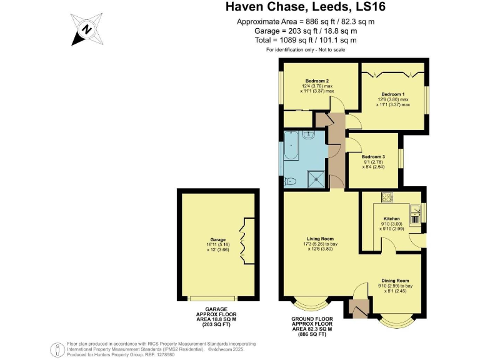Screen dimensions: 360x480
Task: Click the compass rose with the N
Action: pos(86,29)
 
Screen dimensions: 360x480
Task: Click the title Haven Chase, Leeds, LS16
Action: pos(306,8)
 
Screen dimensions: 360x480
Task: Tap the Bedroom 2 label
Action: pos(317,81)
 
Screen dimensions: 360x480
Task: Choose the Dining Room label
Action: pos(395,281)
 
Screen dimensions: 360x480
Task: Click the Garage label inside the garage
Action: pos(217,239)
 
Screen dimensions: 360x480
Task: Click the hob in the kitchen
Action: pos(387,198)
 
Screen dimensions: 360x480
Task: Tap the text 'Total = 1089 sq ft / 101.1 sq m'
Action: pos(306,39)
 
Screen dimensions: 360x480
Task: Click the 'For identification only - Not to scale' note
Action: pos(306,49)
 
